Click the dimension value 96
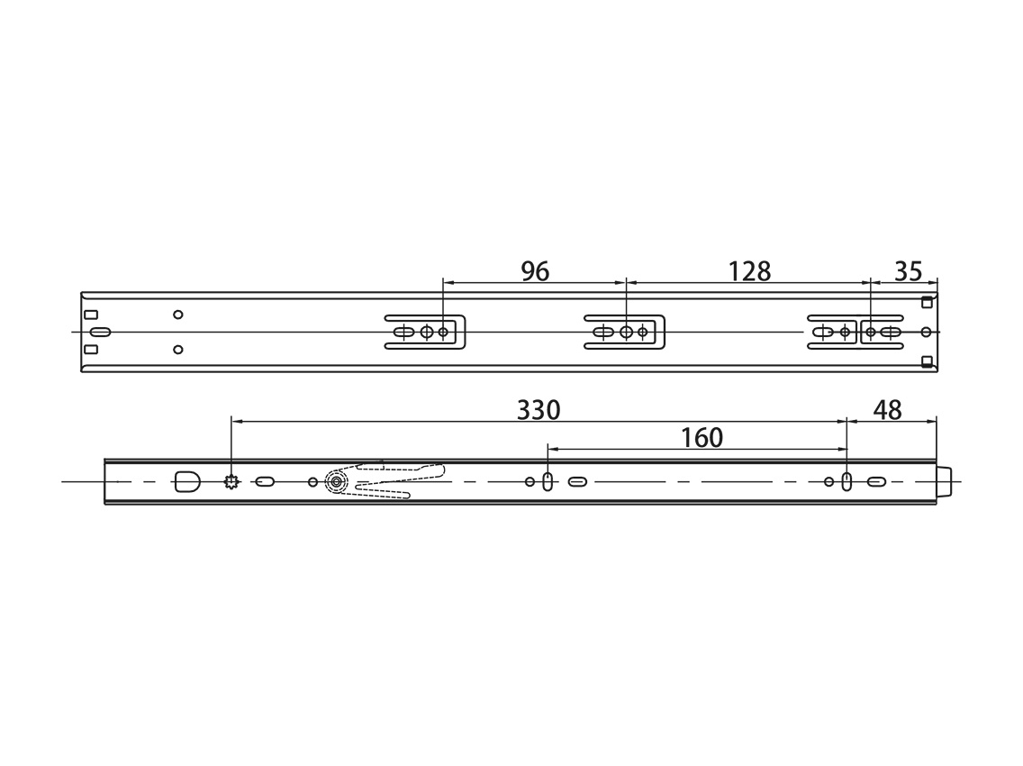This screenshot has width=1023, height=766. coord(535,271)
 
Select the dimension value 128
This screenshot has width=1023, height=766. coord(749,271)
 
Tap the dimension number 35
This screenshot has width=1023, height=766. coord(908,271)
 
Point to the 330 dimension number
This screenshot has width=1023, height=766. coord(539,410)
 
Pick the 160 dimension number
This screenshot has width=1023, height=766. coord(702,438)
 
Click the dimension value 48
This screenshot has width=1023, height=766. coord(887,410)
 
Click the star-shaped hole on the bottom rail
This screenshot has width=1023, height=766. coord(231,482)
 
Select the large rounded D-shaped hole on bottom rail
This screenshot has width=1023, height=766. coord(187,481)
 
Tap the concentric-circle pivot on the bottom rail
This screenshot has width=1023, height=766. coord(337,482)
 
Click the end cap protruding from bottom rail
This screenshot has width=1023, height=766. coord(944,482)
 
